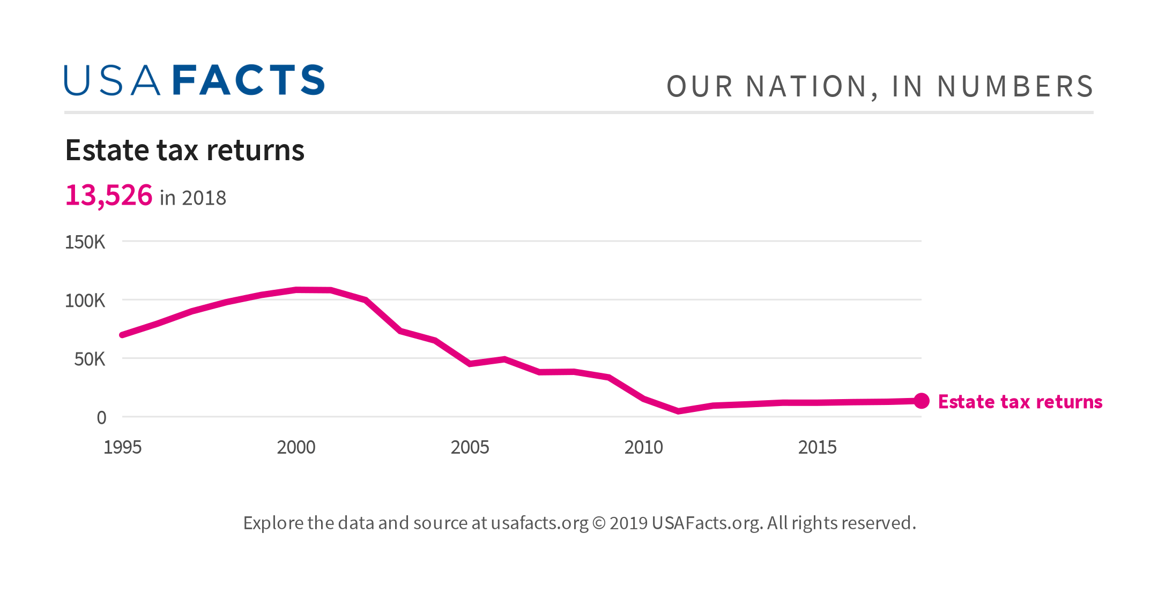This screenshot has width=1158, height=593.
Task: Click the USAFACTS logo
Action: click(194, 80)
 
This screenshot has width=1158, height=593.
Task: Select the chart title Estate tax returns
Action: click(184, 150)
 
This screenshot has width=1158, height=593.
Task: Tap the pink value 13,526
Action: click(109, 195)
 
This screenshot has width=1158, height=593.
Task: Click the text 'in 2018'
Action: click(193, 198)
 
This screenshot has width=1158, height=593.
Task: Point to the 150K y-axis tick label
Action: click(85, 242)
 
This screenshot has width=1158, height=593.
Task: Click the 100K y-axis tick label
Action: click(85, 301)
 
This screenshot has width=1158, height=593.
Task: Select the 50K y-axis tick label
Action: click(90, 359)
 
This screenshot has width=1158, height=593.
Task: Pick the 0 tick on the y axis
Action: click(101, 417)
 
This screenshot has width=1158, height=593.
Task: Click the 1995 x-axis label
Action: click(122, 447)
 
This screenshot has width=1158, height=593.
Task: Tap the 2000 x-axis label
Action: click(296, 447)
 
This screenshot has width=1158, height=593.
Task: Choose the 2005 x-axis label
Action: click(470, 447)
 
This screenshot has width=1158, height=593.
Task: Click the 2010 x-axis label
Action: click(643, 447)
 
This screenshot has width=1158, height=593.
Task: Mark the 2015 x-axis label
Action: click(817, 447)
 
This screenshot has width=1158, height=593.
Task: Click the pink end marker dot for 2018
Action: click(921, 401)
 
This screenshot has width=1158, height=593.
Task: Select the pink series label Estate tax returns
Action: click(1020, 402)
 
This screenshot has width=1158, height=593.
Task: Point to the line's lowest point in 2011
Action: click(678, 411)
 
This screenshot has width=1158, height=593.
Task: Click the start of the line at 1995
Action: click(123, 335)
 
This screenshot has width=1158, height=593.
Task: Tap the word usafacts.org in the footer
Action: click(539, 523)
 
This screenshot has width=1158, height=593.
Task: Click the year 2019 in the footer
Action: click(628, 523)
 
